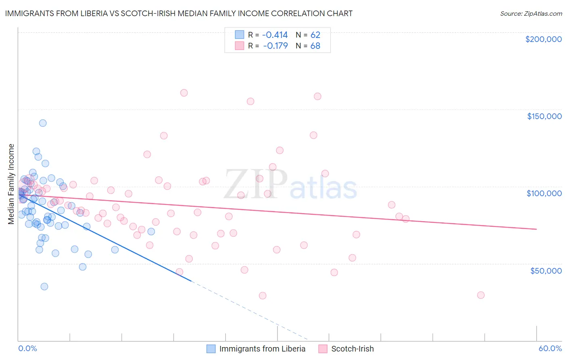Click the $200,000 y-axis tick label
[543, 39]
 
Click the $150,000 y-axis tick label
[544, 116]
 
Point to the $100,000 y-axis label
[544, 193]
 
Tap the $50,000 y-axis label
[546, 270]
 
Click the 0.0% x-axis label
[27, 348]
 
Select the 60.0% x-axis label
[550, 348]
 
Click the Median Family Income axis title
[11, 184]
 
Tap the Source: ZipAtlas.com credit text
[531, 13]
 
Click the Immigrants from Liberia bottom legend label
[262, 349]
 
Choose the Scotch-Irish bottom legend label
[352, 349]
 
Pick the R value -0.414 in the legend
[275, 35]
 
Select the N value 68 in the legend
[315, 46]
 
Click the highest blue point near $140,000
[43, 123]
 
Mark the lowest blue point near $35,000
[44, 287]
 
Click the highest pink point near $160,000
[184, 93]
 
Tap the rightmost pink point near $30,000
[481, 295]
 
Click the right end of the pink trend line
[536, 229]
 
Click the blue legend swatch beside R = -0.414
[240, 35]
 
